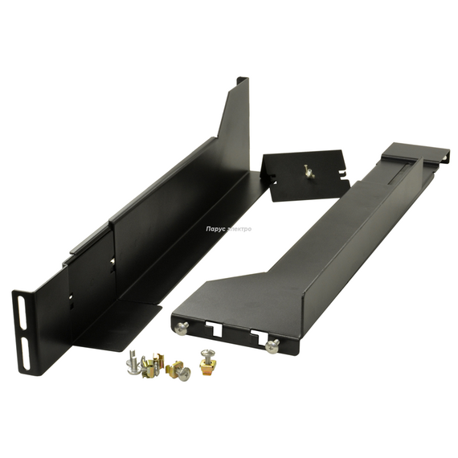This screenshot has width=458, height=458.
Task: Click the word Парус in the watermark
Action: point(215,229)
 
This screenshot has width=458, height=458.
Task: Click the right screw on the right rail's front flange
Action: point(273,347)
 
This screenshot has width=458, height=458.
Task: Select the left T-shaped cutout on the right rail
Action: point(214,328)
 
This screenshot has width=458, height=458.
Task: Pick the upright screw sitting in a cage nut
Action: point(206,360)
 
